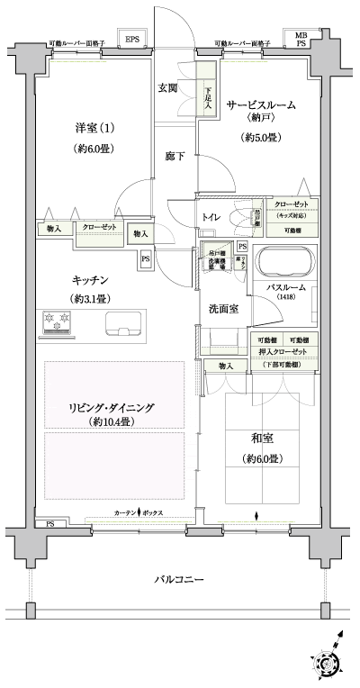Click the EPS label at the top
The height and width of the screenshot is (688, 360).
point(132,40)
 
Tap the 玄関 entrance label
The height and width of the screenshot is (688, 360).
point(168,87)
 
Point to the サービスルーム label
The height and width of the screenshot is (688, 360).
point(260,105)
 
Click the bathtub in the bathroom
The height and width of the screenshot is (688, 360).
point(284,265)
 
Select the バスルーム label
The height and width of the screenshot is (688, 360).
point(286,287)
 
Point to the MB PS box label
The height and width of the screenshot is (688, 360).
point(299,39)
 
